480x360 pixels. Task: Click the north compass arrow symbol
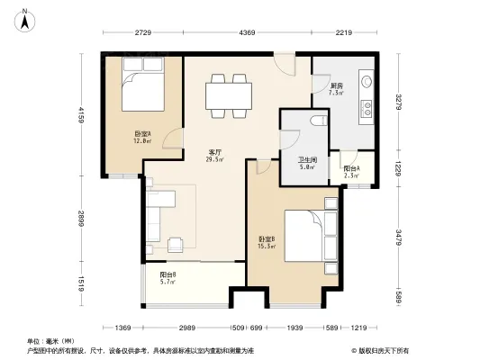28,15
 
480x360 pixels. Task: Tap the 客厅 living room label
216,155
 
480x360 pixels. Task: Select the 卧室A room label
142,138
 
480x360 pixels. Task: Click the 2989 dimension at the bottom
186,327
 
